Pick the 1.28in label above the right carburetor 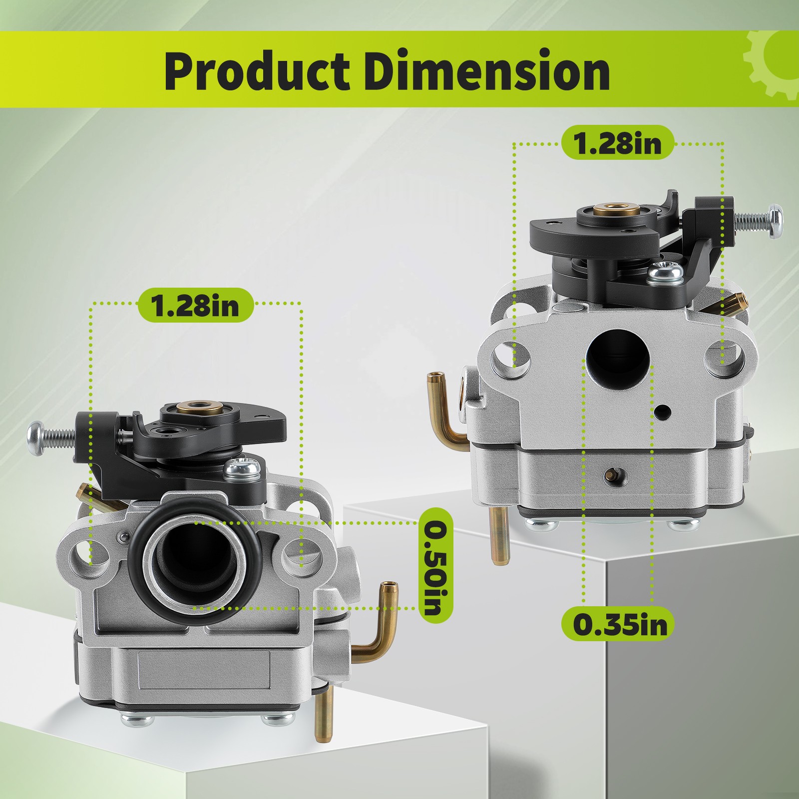618,143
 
